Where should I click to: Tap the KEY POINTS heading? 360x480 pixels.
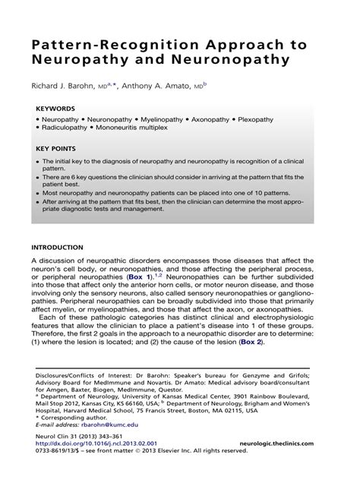tap(58, 149)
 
